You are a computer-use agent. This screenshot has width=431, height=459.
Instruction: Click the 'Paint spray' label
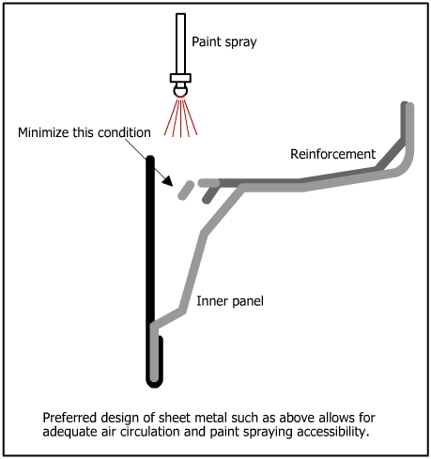[x=224, y=42]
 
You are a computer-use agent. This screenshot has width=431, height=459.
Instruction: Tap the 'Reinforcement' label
[x=332, y=154]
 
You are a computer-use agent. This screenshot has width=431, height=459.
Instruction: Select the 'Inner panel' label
[x=230, y=301]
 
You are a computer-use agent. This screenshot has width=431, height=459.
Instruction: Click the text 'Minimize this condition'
[x=85, y=132]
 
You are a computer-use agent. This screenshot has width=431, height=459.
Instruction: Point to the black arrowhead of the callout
[x=168, y=181]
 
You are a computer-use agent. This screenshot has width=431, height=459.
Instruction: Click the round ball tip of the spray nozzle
[x=180, y=91]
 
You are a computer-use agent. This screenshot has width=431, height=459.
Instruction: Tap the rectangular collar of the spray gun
[x=180, y=78]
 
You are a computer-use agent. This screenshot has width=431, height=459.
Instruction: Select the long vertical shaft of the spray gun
[x=180, y=43]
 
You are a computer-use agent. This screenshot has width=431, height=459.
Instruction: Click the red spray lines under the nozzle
[x=180, y=117]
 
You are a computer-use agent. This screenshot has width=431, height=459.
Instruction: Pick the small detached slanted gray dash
[x=186, y=190]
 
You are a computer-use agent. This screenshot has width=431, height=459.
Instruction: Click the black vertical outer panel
[x=150, y=269]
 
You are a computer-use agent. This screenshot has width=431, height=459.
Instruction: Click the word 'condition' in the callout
[x=124, y=132]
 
